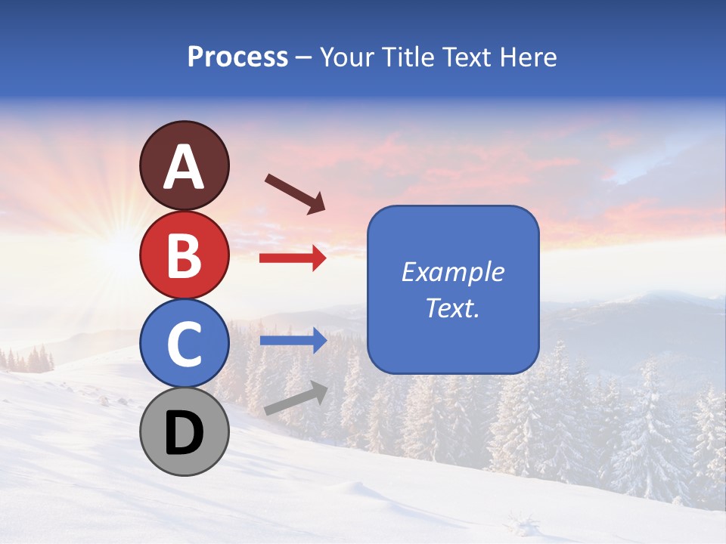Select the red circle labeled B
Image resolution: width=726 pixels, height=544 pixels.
coord(184,255)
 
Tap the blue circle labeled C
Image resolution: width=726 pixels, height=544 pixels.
coord(184,344)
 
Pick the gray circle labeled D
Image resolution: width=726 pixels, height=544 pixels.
coord(184,432)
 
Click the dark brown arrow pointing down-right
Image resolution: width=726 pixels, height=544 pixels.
coord(295,193)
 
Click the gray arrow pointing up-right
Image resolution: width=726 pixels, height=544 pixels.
coord(296,398)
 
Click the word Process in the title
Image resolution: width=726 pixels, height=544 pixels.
coord(237,57)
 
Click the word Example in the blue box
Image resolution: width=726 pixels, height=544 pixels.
coord(452,272)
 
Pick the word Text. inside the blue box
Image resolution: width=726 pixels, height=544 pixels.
coord(452,308)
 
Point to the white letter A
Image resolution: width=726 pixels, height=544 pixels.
coord(184,167)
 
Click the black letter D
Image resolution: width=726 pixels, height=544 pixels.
coord(184,433)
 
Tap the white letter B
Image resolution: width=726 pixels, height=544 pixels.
coord(184,255)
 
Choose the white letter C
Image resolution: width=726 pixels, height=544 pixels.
coord(184,345)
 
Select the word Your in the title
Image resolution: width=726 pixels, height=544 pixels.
coord(349,57)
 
